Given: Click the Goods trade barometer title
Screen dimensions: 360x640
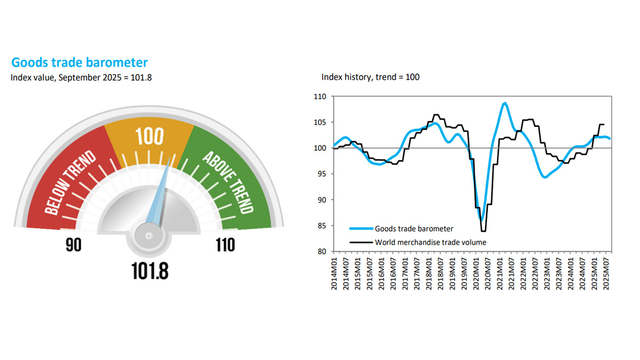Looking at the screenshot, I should click(x=79, y=62).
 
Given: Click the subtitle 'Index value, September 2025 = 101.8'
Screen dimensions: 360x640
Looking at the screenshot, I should click(x=81, y=77).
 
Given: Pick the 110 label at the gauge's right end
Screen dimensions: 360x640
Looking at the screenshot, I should click(x=226, y=245).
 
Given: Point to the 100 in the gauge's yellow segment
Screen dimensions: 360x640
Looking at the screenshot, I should click(x=149, y=137).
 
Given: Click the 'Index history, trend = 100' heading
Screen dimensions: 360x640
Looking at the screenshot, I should click(x=370, y=77).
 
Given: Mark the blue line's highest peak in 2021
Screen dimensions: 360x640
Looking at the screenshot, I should click(x=505, y=103).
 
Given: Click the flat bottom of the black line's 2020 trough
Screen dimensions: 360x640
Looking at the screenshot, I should click(x=484, y=231).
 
